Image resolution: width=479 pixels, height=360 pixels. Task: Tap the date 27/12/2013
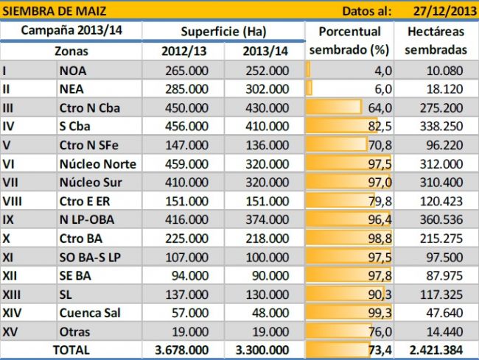pyautogui.click(x=439, y=10)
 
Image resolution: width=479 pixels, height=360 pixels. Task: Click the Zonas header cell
pyautogui.click(x=71, y=52)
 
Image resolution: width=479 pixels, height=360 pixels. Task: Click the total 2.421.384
pyautogui.click(x=438, y=350)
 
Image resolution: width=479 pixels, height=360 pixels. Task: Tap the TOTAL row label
pyautogui.click(x=71, y=350)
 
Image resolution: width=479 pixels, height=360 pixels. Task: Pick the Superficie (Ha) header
pyautogui.click(x=223, y=32)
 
